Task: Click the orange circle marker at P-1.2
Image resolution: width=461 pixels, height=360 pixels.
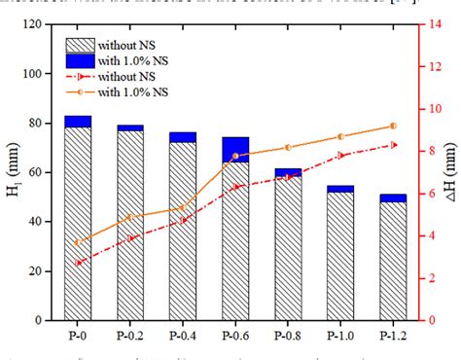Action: pos(393,126)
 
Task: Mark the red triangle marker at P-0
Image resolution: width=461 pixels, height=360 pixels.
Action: pos(78,263)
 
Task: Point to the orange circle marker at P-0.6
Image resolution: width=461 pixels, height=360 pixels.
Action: pos(235,156)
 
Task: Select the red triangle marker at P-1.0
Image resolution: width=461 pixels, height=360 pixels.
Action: pos(340,155)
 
